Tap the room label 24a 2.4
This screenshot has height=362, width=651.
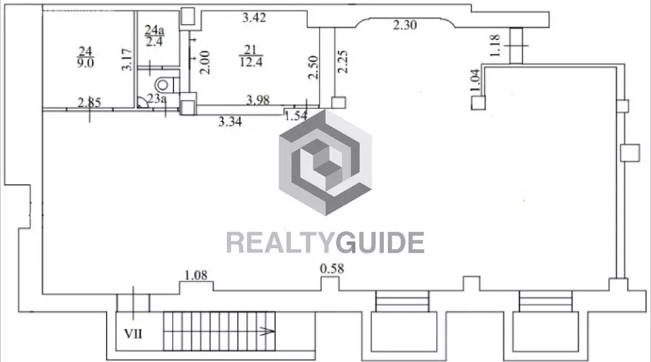tap(154, 36)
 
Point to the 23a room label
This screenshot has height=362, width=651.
tap(156, 99)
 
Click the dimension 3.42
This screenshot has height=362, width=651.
tap(254, 17)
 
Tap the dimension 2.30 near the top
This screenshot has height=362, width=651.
tap(405, 25)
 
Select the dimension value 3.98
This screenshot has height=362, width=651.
tap(258, 100)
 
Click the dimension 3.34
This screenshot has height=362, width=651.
tap(230, 122)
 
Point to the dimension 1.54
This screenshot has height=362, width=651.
tap(296, 116)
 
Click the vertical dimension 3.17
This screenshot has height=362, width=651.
tap(127, 60)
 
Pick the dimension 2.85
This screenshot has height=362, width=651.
tap(89, 102)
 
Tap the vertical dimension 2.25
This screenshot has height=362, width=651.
tap(342, 62)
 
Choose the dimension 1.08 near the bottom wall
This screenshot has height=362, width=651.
tap(196, 275)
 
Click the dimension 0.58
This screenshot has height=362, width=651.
tap(332, 269)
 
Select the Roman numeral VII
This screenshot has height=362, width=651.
tap(134, 334)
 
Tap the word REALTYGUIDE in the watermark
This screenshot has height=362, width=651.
tap(325, 243)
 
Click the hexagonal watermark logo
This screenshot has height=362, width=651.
tap(325, 162)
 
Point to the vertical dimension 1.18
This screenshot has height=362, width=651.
tap(495, 46)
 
